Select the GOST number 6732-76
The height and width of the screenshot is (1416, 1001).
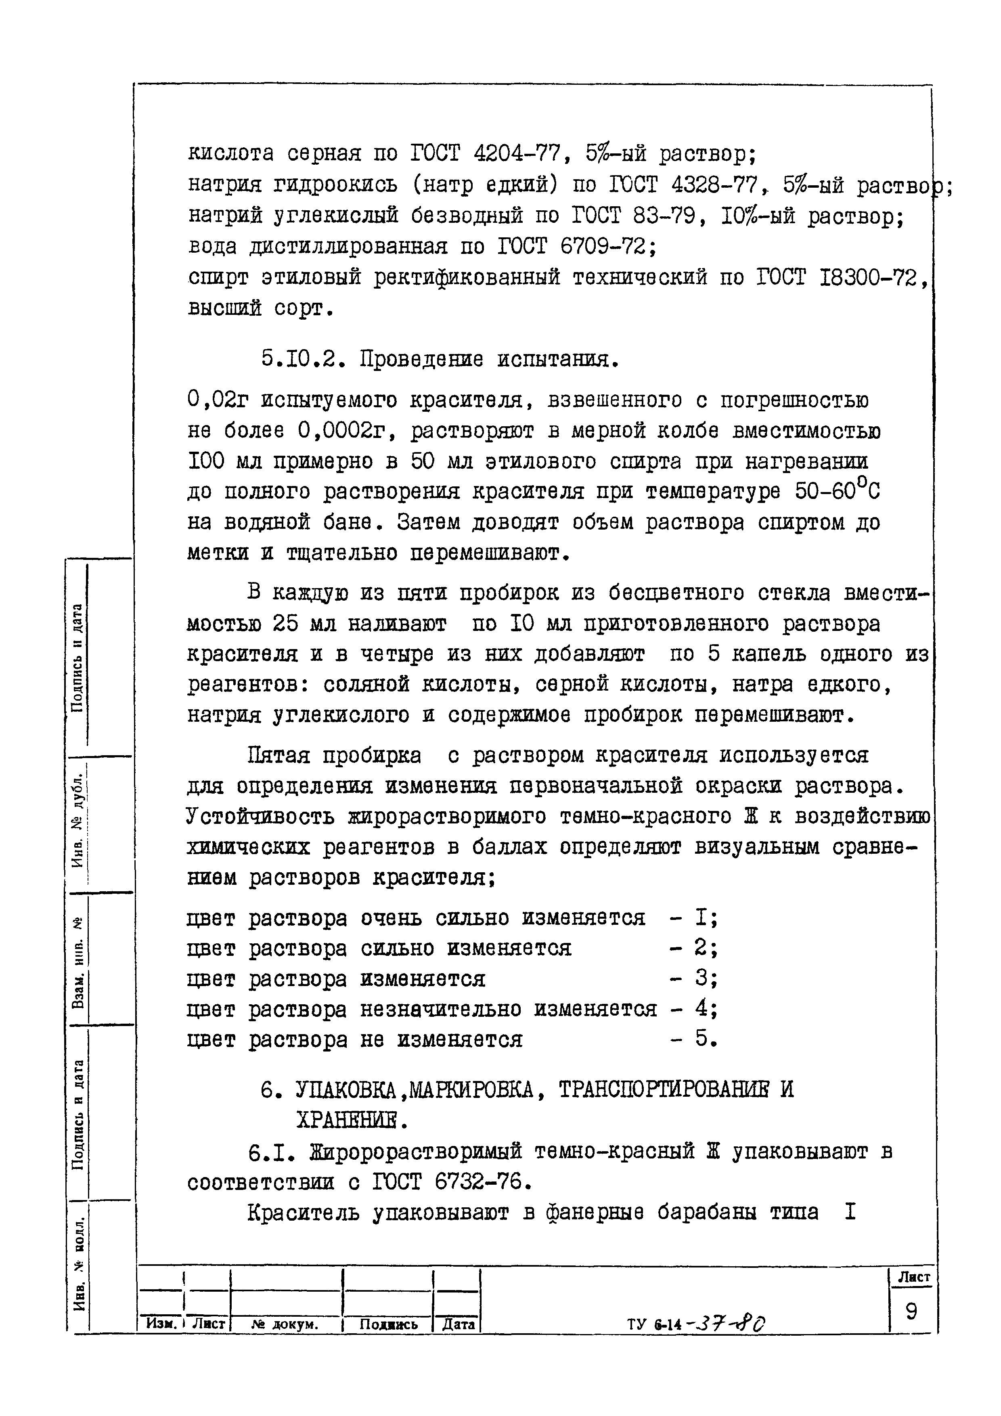tap(477, 1181)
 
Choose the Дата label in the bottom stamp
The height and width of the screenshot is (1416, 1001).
tap(458, 1324)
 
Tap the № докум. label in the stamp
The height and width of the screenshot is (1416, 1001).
tap(285, 1324)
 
